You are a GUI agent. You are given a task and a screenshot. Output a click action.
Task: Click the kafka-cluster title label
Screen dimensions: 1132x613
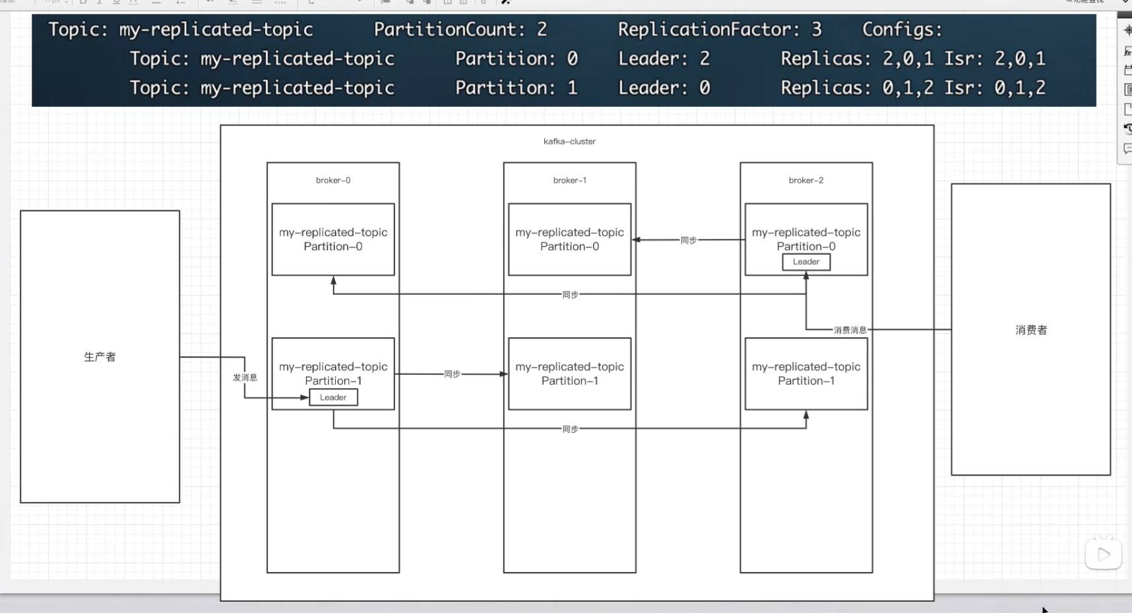tap(569, 141)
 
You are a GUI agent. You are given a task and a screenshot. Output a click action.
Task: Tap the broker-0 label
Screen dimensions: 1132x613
tap(333, 180)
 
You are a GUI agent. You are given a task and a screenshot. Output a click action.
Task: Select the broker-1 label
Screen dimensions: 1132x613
tap(570, 180)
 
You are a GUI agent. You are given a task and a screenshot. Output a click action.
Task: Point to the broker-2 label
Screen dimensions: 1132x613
tap(806, 180)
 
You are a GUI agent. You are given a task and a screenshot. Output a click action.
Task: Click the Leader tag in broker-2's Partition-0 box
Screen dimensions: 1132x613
tap(806, 262)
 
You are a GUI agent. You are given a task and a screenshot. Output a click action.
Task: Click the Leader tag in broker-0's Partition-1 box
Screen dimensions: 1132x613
tap(333, 397)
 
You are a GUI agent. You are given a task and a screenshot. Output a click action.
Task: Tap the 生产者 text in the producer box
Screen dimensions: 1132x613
tap(100, 357)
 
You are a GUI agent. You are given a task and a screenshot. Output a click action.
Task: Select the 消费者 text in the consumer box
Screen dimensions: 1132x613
tap(1031, 330)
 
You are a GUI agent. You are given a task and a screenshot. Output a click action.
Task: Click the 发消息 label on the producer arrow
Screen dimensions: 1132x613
tap(245, 377)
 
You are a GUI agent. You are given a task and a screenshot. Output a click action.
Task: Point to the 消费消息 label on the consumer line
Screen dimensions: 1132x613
tap(850, 330)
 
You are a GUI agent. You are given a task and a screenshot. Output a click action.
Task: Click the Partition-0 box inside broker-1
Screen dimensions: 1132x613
tap(570, 240)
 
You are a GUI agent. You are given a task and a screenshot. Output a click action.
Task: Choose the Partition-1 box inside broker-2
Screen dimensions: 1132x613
tap(806, 373)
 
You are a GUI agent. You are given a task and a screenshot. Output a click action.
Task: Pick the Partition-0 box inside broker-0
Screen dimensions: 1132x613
tap(333, 240)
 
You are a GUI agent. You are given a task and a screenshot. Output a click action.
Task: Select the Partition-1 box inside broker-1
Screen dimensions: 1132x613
tap(570, 373)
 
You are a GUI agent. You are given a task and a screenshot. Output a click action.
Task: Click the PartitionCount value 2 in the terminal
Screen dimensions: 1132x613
tap(542, 29)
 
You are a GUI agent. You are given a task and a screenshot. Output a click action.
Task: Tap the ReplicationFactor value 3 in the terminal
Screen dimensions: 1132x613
tap(817, 29)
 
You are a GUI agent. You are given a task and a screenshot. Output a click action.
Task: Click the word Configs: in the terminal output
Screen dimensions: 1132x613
tap(902, 30)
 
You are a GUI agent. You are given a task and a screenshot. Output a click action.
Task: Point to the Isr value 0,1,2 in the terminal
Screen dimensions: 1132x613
tap(1020, 88)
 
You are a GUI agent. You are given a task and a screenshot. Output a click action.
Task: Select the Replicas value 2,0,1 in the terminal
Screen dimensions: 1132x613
tap(908, 59)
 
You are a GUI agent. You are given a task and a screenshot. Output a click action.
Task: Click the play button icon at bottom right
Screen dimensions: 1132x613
tap(1104, 554)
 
